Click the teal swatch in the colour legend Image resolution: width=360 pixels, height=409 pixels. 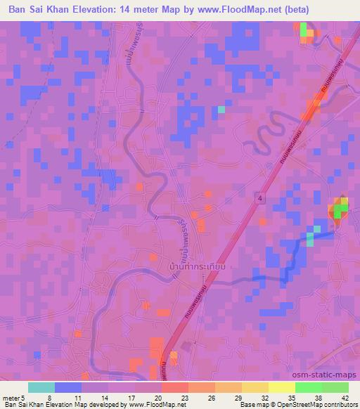(41, 387)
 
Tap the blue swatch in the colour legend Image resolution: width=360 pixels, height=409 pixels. (68, 387)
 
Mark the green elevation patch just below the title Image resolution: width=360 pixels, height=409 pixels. (304, 30)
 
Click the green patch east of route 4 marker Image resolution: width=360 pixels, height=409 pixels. (340, 209)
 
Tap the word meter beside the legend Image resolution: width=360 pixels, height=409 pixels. (12, 397)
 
